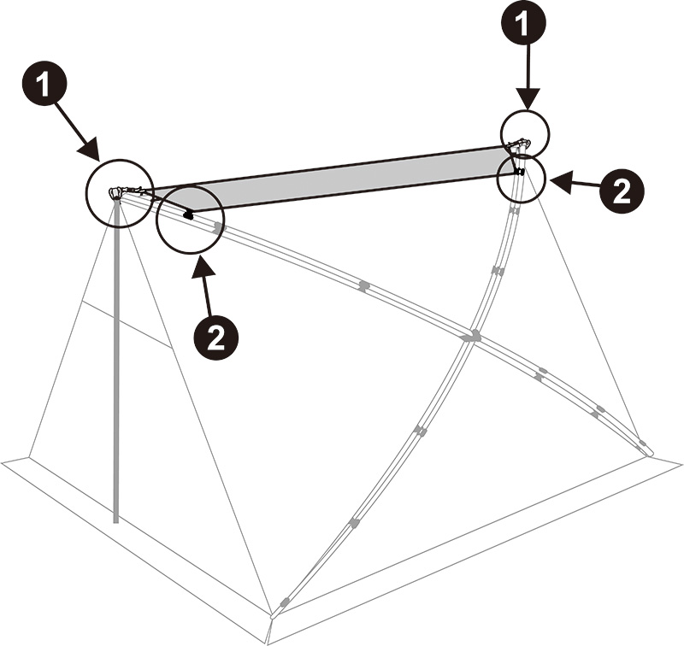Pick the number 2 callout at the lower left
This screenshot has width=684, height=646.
216,336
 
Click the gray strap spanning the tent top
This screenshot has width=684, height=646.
342,179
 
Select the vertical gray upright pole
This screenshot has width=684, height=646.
115,359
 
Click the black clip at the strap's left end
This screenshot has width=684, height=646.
188,214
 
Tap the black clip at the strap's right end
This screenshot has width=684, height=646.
519,172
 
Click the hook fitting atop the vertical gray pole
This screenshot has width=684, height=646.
115,192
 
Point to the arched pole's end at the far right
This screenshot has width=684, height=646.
646,447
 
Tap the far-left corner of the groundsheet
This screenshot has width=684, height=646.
4,462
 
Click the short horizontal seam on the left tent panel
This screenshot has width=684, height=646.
125,325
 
